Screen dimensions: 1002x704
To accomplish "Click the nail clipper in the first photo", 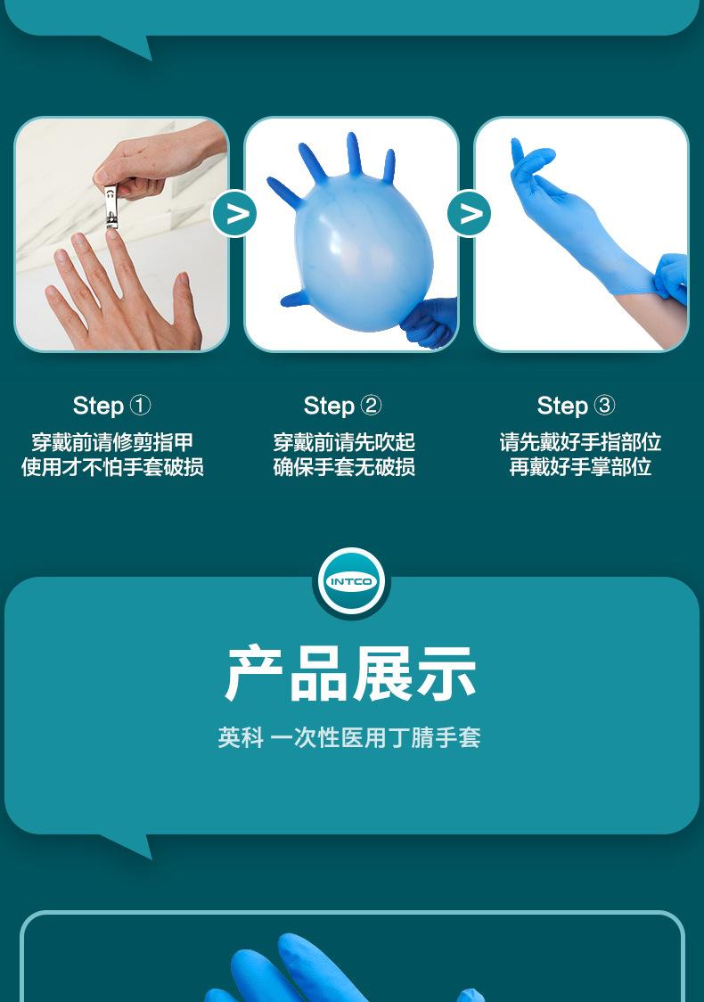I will point(111,206).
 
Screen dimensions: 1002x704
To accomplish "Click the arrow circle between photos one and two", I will point(236,214).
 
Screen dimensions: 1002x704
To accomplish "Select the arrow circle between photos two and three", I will point(469,214).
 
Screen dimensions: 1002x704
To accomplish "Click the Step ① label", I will point(112,406).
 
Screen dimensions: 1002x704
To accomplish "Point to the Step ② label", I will point(343,406).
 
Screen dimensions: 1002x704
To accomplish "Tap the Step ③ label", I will point(577,406).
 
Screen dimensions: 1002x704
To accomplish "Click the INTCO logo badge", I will point(352,581).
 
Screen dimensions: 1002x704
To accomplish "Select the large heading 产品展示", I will point(351,675).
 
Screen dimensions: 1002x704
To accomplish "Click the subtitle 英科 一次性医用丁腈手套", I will point(349,737).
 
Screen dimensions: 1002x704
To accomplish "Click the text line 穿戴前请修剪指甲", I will point(112,442).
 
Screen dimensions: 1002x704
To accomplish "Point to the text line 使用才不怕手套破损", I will point(112,467).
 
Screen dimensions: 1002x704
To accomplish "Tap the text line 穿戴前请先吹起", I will point(344,442).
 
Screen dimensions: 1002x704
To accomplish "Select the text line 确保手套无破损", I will point(344,467).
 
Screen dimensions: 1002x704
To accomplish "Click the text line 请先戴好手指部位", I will point(580,442).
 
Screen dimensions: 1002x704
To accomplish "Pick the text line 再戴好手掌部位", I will point(580,467).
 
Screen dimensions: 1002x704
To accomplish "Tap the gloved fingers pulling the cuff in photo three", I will point(671,276).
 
